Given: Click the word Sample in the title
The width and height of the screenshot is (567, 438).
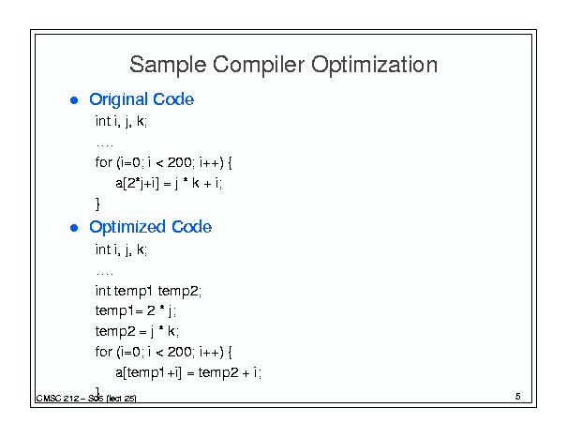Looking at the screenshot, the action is [x=168, y=65].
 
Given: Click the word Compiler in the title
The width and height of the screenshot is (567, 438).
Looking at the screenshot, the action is [x=259, y=65].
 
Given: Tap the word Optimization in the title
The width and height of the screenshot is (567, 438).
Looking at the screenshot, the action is [x=374, y=65].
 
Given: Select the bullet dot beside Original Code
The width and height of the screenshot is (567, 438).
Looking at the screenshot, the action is [x=74, y=100].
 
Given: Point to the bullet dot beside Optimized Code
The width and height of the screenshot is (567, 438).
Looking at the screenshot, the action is [x=74, y=228].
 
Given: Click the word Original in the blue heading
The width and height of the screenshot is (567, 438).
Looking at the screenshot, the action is [x=119, y=100].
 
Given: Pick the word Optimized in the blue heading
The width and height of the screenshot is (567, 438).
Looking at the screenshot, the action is [x=127, y=227].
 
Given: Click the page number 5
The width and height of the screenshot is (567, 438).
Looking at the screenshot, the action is [x=518, y=397].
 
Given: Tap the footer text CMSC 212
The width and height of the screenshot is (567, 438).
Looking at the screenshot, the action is [x=57, y=399].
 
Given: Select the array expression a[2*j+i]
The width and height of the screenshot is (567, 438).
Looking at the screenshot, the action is [x=138, y=184].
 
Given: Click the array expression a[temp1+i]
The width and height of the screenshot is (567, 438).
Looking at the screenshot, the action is [x=149, y=372].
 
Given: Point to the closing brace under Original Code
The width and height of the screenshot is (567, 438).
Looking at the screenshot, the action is [x=97, y=204].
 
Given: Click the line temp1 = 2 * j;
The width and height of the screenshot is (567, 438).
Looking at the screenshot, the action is [x=136, y=311].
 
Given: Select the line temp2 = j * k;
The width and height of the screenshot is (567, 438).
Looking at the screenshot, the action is [x=137, y=332].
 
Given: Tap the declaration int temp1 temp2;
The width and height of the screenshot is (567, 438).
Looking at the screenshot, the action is [x=148, y=291].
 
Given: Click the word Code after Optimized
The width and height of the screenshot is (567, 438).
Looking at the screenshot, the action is [x=191, y=227].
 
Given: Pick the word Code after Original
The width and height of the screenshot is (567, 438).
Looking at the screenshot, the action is [x=173, y=99].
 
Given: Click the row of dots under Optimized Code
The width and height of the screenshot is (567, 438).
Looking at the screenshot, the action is [x=105, y=274].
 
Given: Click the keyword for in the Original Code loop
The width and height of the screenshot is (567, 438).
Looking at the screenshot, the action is [x=104, y=162].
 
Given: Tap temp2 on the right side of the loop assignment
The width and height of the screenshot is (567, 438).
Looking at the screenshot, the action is [x=218, y=373].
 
